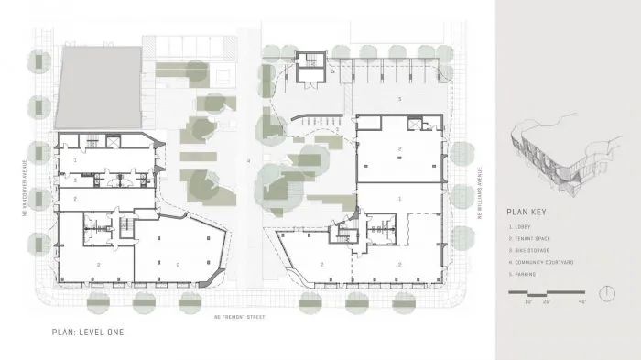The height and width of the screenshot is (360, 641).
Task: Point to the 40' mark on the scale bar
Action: point(581,301)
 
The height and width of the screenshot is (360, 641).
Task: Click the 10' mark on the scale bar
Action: point(528,301)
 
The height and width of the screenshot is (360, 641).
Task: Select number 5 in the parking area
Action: point(398,97)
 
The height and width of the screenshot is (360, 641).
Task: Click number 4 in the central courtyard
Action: point(248,160)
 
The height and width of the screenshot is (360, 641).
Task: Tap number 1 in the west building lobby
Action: point(75,159)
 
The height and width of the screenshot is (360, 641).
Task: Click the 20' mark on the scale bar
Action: point(546,301)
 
